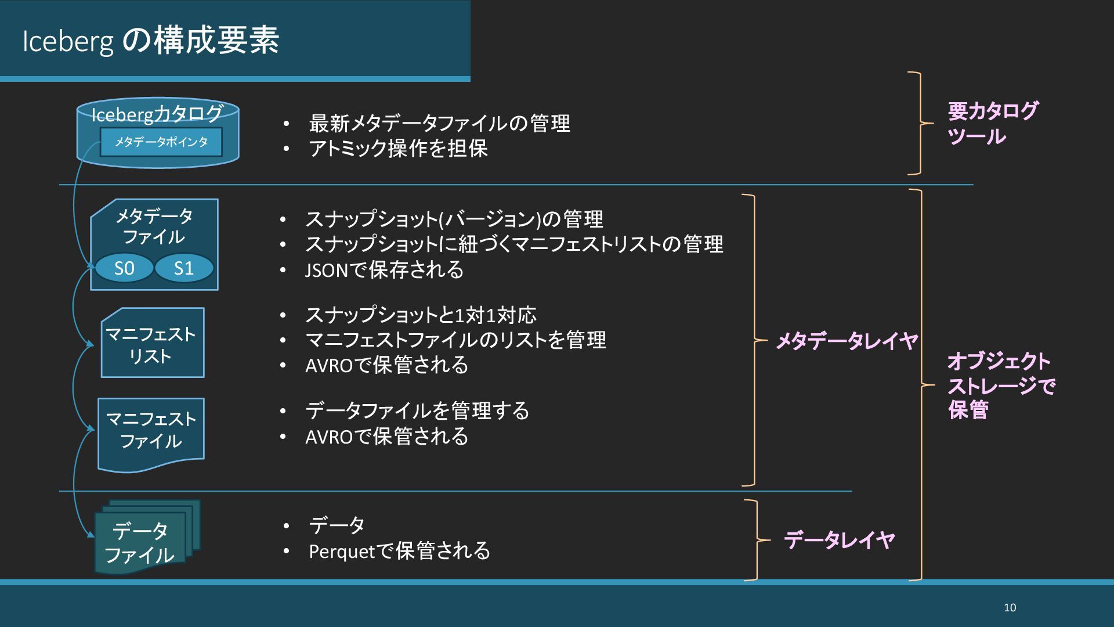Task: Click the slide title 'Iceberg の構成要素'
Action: tap(151, 41)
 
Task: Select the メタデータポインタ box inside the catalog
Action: tap(161, 142)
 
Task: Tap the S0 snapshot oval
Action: tap(124, 268)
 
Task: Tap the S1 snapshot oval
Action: tap(184, 268)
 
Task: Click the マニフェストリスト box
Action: tap(152, 344)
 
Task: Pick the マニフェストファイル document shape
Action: tap(151, 431)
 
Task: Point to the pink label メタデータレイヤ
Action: tap(847, 341)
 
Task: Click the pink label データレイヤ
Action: tap(839, 540)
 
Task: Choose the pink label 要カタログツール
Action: tap(992, 124)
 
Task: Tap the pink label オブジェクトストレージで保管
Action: tap(1000, 385)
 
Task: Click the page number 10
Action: tap(1010, 607)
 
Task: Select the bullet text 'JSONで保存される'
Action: tap(384, 270)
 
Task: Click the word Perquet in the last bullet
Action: tap(343, 552)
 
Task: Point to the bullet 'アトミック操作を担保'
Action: tap(398, 149)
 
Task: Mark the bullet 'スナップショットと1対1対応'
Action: tap(421, 315)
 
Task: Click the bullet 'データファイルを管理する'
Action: tap(417, 411)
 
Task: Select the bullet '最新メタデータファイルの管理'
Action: tap(439, 123)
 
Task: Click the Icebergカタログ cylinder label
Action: tap(157, 114)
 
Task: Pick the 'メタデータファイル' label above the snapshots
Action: tap(154, 226)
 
